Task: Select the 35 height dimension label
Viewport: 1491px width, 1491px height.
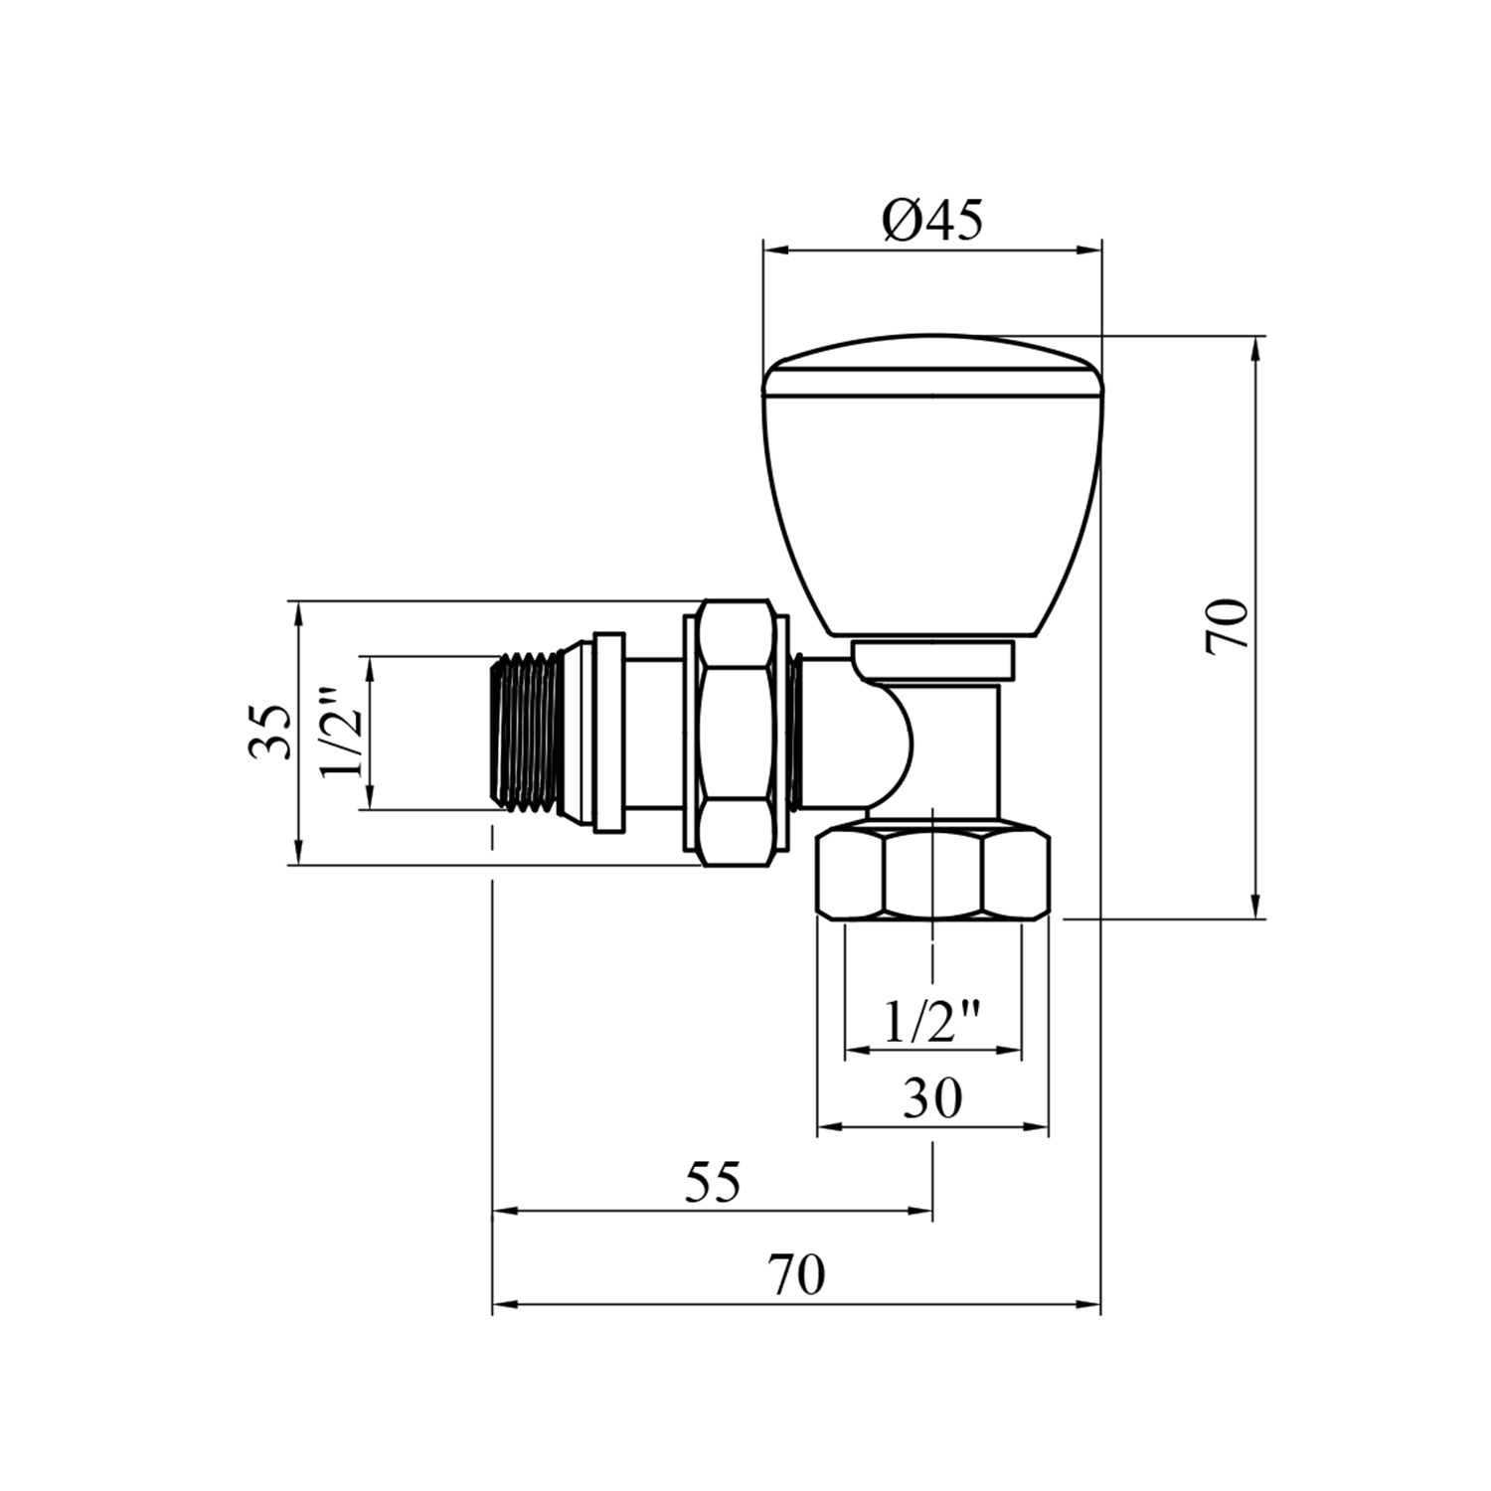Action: tap(270, 732)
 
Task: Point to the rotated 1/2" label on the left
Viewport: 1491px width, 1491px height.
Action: tap(340, 733)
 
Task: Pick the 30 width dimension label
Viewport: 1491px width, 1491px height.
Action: tap(933, 1098)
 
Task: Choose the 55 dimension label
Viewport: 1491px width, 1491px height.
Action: tap(714, 1183)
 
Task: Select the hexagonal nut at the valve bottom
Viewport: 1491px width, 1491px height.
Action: tap(932, 870)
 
